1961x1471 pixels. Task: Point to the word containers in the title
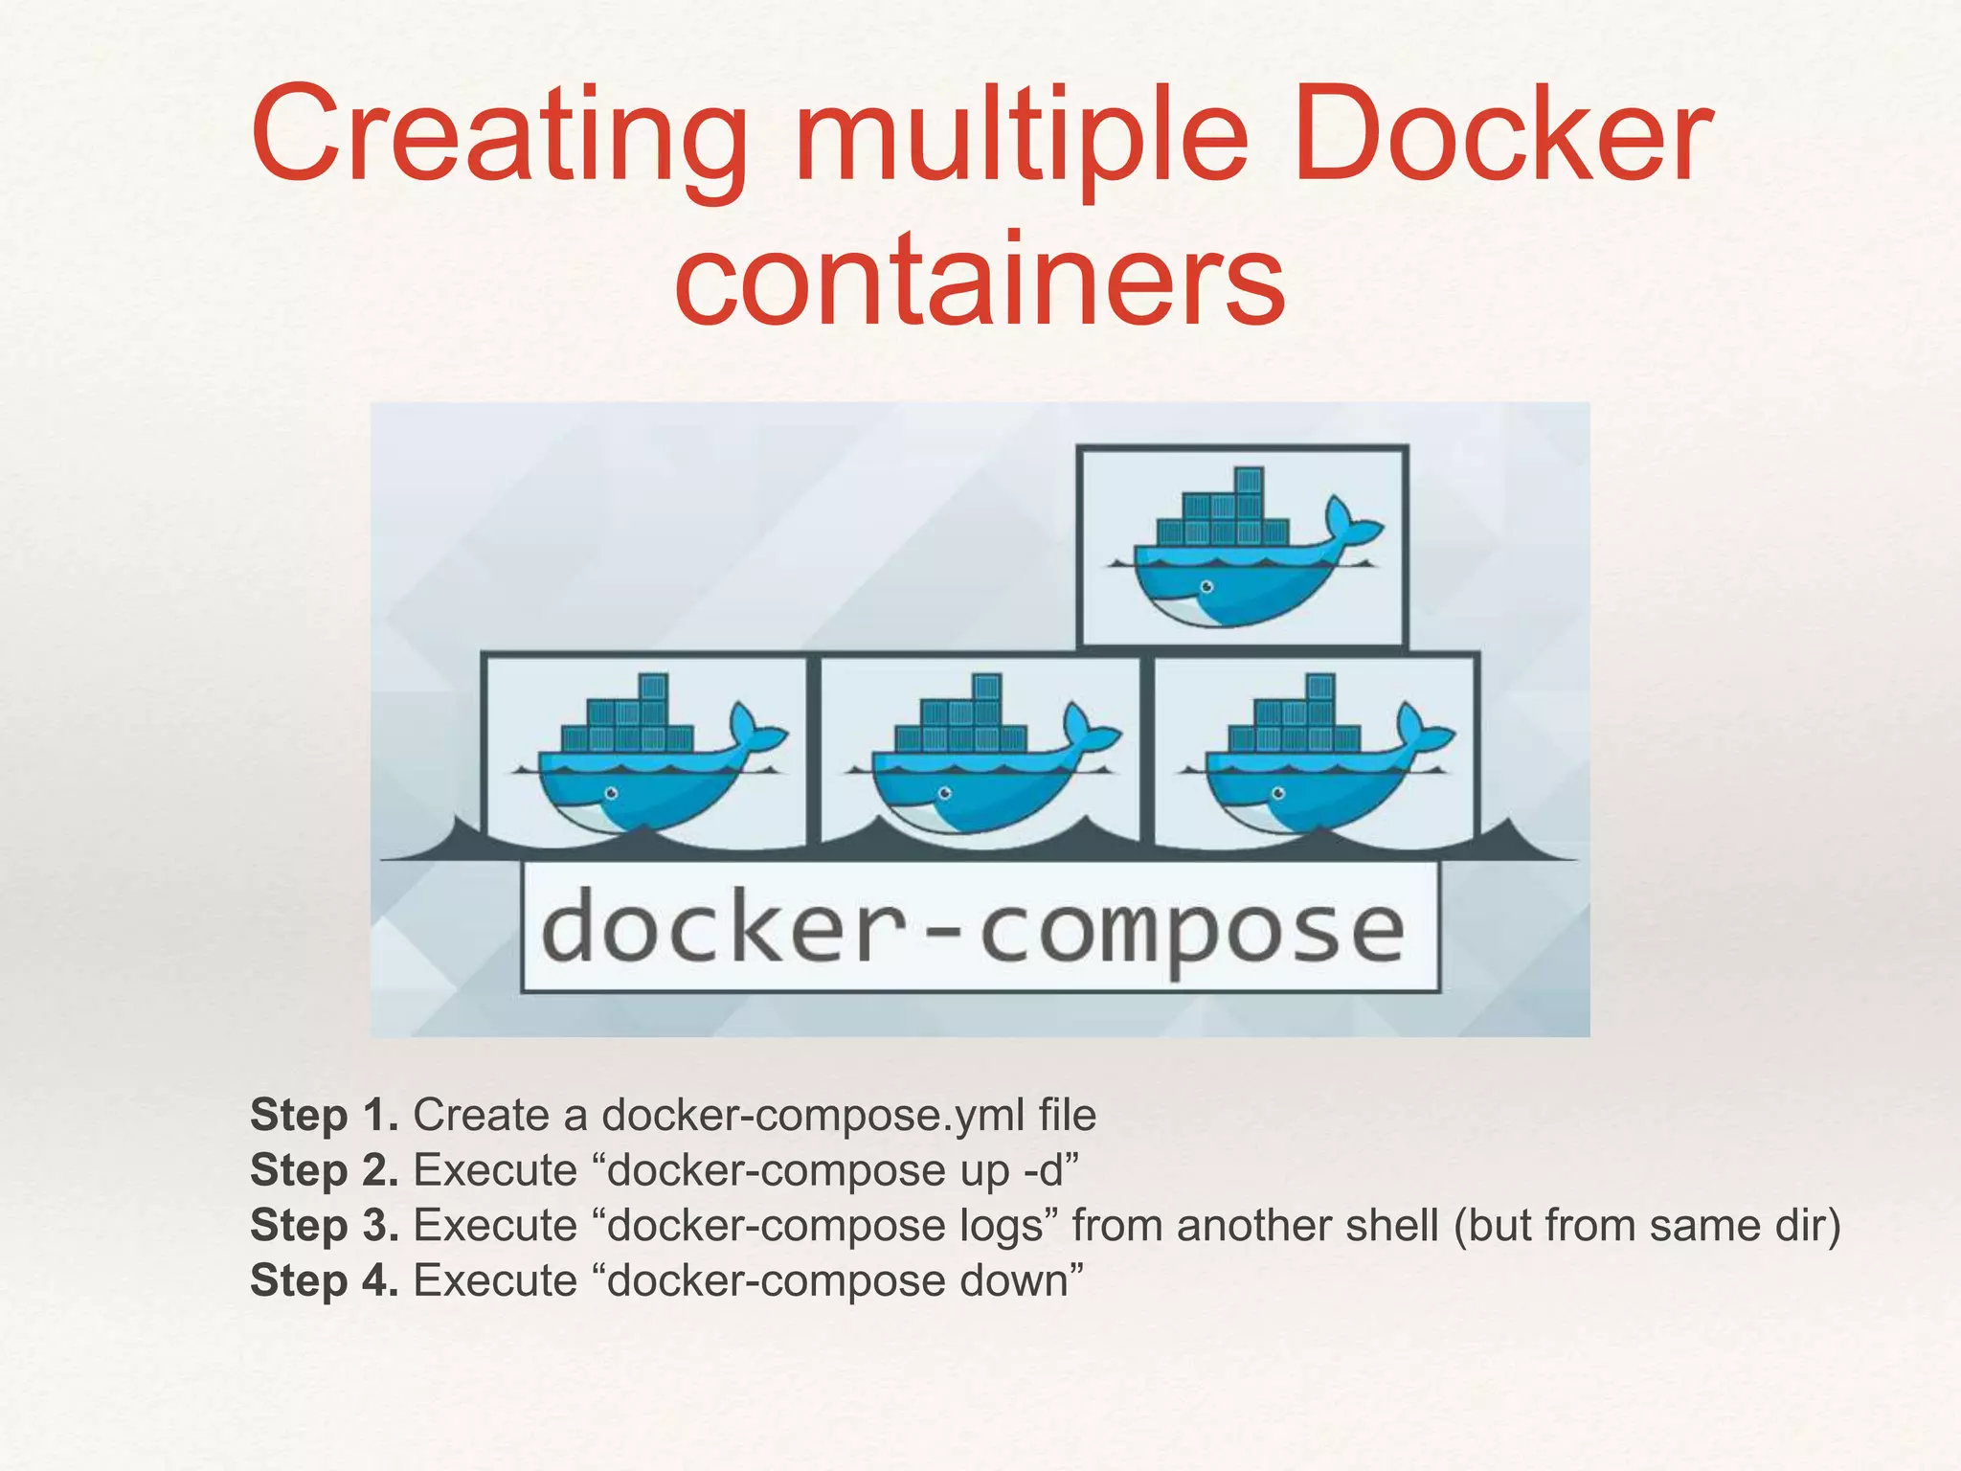[979, 278]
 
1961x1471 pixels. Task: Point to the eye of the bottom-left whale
[611, 793]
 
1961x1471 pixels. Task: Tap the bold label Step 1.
[324, 1115]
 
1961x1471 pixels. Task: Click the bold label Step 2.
[324, 1170]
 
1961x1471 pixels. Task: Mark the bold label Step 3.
[324, 1226]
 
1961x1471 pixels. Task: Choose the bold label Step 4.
[324, 1281]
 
